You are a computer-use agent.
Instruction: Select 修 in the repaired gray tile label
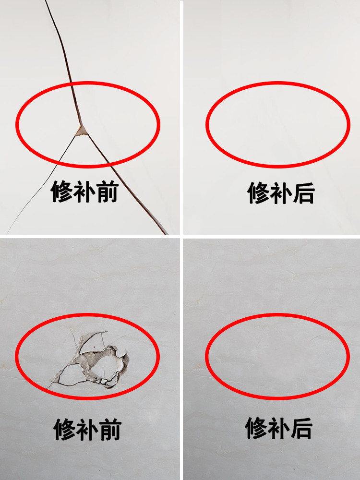coord(257,428)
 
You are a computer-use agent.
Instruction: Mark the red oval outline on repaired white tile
coord(278,83)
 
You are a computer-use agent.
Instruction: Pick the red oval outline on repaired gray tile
coord(278,315)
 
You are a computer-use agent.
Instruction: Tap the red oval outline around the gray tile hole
coord(88,315)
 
